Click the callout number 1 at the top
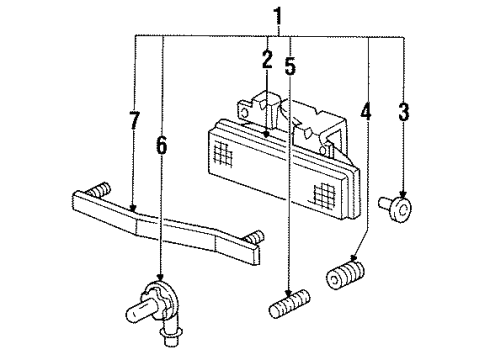tap(278, 16)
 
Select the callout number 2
tap(267, 59)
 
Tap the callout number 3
tap(403, 112)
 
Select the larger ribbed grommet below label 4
tap(346, 272)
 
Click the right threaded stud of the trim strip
tap(253, 237)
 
